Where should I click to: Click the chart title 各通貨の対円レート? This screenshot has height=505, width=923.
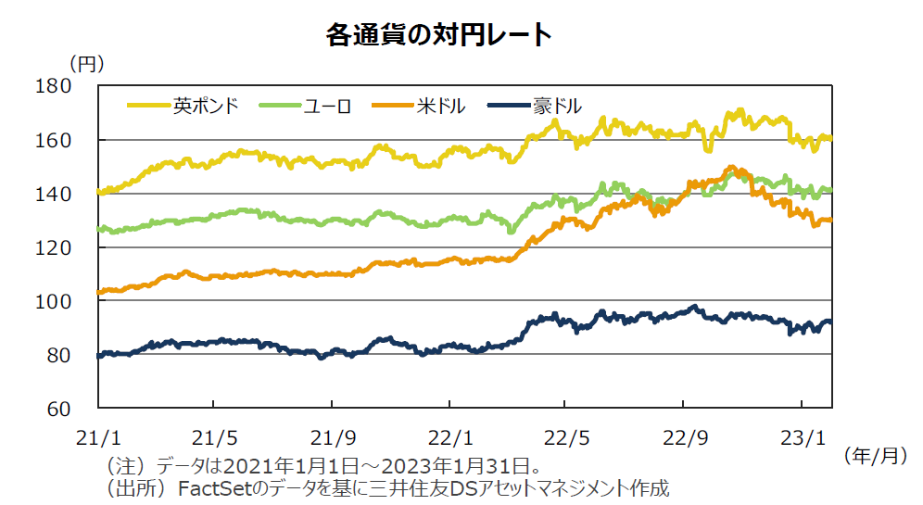438,35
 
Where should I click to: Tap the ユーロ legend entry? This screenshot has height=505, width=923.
328,106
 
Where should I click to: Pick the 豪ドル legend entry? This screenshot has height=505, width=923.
557,106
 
